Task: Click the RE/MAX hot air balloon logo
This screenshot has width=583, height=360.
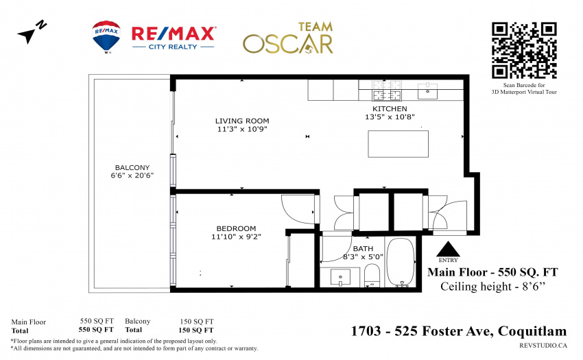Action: (x=106, y=37)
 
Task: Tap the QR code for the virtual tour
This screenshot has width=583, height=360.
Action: (x=524, y=50)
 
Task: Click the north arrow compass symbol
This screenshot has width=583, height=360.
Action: (x=32, y=32)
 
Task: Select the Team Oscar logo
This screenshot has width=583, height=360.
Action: (x=288, y=38)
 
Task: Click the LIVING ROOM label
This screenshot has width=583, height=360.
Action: (x=242, y=121)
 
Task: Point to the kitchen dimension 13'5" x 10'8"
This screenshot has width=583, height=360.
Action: (x=390, y=117)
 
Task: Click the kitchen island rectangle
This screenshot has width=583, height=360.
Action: (x=398, y=143)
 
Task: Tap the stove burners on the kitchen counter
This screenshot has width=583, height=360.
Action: (x=387, y=90)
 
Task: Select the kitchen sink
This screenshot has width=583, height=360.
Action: (x=427, y=91)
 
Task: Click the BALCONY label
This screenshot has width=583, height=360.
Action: (x=132, y=168)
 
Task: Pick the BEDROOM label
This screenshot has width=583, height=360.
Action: (x=236, y=228)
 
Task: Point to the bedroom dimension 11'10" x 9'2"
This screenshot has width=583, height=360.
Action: (x=236, y=237)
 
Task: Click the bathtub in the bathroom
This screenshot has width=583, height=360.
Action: (x=401, y=262)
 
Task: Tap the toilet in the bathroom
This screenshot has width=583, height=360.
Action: (x=372, y=275)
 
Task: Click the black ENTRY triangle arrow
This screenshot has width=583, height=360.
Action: (x=448, y=249)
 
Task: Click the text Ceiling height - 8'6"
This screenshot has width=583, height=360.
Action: (x=492, y=287)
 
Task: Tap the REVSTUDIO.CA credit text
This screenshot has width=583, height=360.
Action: (x=543, y=346)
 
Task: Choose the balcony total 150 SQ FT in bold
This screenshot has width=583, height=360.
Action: (x=196, y=330)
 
